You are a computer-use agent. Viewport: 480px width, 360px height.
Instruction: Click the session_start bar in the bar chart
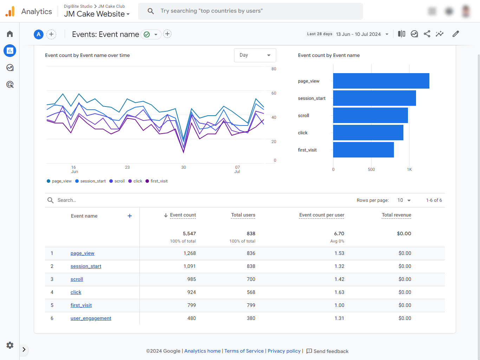374,98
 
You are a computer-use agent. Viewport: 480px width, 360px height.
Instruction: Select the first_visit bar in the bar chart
363,150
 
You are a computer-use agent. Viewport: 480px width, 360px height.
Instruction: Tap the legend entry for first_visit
157,181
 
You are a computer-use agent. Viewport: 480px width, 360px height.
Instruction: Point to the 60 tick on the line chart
274,93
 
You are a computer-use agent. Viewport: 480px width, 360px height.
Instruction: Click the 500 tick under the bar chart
371,169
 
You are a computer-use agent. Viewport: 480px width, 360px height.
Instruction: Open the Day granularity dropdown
255,55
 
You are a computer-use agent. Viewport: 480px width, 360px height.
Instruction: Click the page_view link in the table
82,253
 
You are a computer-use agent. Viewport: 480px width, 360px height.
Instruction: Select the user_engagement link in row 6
91,318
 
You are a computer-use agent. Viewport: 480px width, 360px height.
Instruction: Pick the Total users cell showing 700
251,279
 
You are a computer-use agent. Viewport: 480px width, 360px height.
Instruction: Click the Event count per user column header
322,215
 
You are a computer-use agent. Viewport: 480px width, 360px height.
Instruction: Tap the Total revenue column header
396,215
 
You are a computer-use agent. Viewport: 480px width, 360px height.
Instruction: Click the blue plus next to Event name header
130,216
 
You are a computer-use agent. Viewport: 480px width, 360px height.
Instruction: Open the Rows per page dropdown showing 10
404,200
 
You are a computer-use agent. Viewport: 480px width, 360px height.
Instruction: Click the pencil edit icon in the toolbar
455,34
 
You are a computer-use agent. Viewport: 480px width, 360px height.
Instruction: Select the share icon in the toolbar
427,34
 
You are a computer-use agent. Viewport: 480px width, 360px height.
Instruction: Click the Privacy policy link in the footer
284,351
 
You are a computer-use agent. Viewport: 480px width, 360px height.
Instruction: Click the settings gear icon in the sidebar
10,345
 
